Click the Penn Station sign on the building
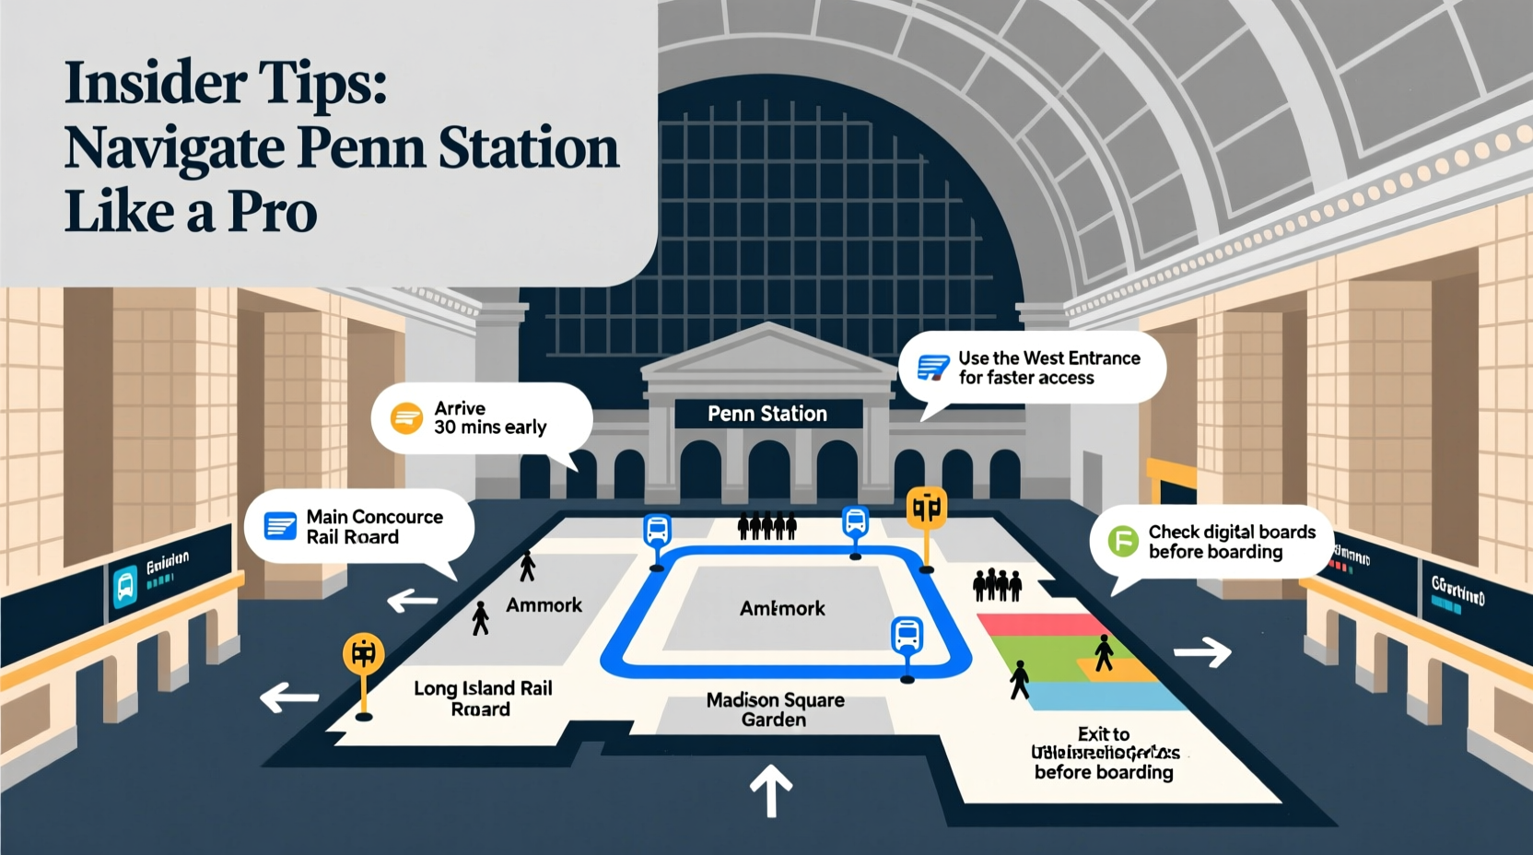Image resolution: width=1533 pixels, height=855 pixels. click(767, 414)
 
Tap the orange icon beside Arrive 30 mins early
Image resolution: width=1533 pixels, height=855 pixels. click(406, 418)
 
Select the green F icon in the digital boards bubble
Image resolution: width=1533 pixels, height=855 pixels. click(1123, 541)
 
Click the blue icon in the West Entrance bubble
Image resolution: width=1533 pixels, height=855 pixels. click(932, 368)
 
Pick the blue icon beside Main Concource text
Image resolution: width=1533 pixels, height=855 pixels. click(280, 526)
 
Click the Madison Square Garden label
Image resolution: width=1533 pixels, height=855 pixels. click(775, 709)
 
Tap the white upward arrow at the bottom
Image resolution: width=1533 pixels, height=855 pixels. click(770, 790)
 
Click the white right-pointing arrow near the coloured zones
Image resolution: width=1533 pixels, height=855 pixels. click(1203, 652)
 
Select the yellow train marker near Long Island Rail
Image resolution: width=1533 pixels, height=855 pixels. click(363, 654)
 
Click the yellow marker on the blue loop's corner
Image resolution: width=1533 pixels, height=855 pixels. click(926, 509)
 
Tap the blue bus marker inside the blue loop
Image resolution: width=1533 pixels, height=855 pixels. click(907, 636)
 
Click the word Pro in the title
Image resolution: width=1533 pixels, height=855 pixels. click(272, 212)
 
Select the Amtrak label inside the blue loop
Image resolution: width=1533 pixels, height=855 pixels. click(782, 608)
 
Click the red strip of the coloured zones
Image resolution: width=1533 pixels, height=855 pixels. click(1032, 625)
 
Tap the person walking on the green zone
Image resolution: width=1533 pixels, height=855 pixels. click(1019, 679)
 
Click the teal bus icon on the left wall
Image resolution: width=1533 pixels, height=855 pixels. click(125, 586)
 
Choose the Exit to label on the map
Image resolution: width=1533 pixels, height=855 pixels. click(1103, 734)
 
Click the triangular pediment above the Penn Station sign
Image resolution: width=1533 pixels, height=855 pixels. click(768, 352)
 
